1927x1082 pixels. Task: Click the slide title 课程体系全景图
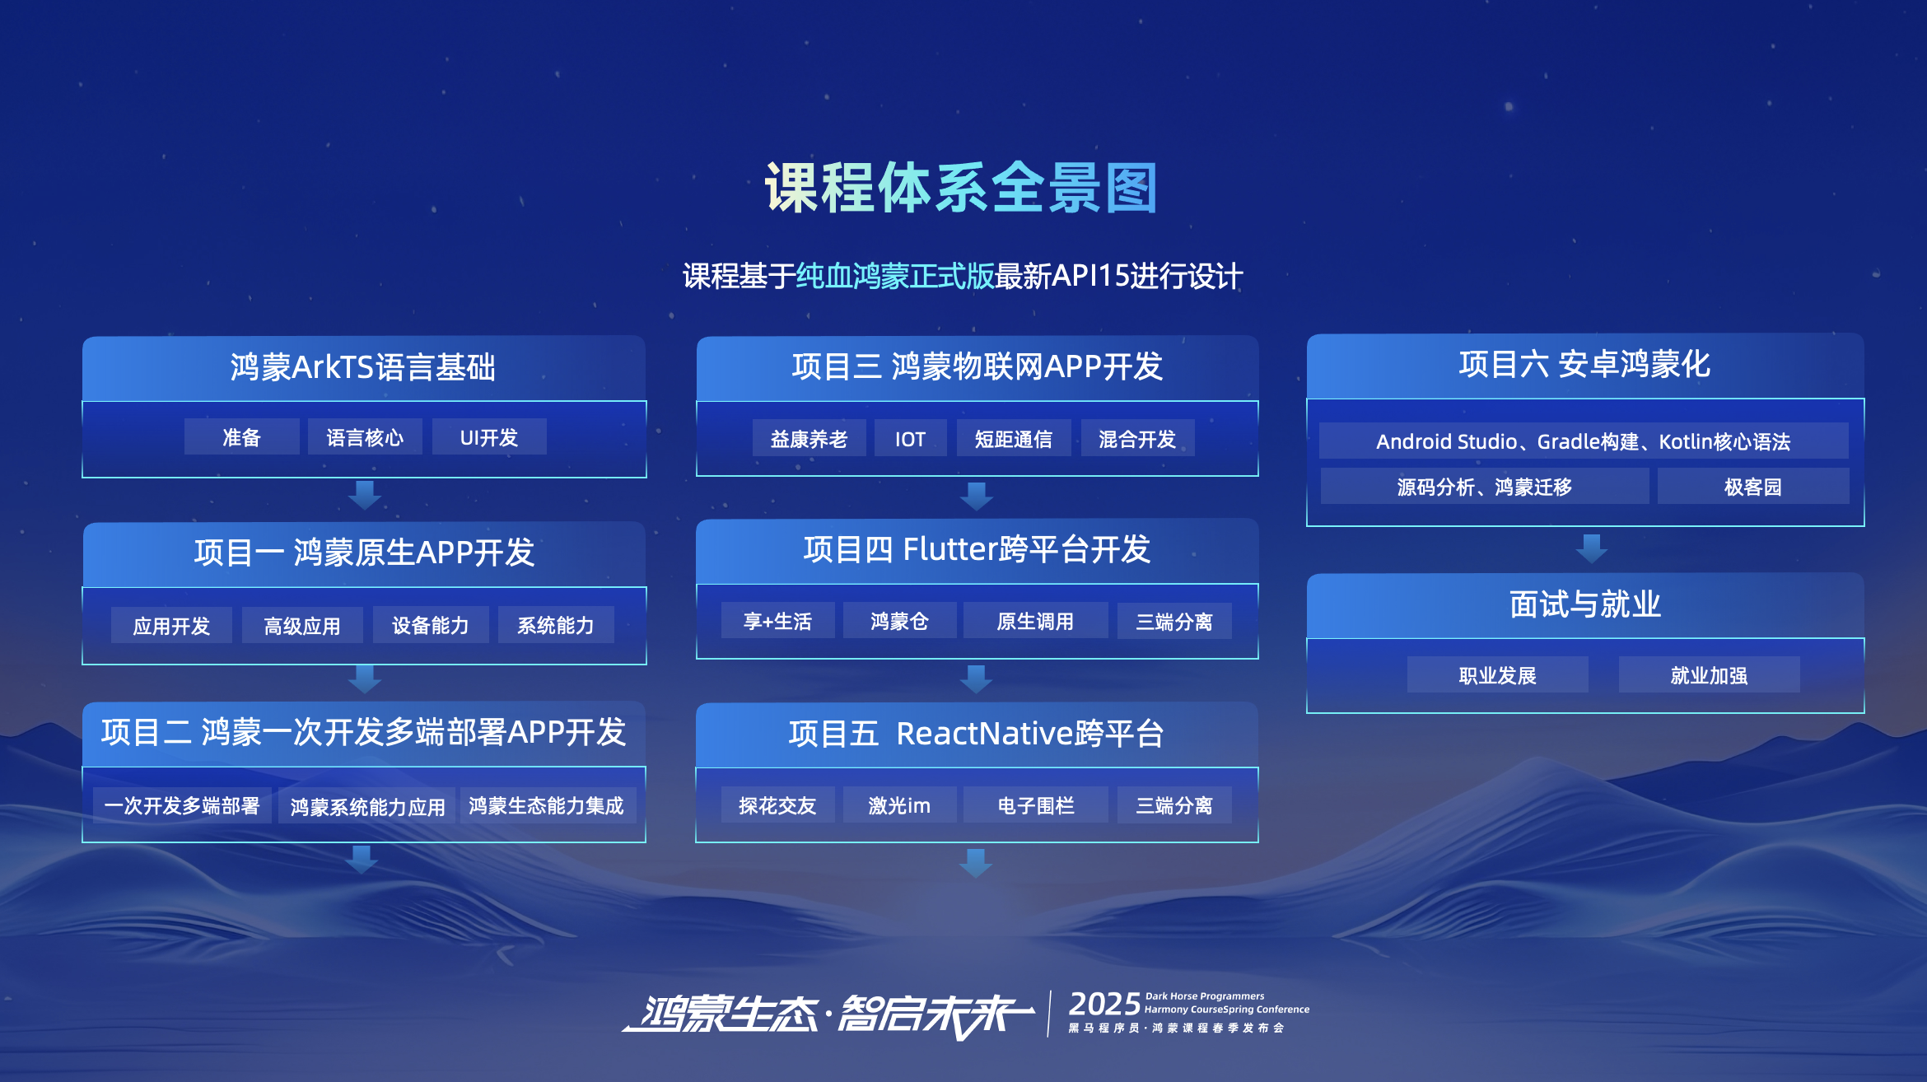[961, 188]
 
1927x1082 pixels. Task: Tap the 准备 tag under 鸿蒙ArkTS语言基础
[241, 436]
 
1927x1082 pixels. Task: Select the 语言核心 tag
[365, 436]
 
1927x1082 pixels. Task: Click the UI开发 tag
[489, 436]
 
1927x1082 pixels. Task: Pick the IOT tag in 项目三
[910, 438]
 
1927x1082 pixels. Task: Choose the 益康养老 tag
[809, 438]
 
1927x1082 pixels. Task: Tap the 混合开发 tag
[1137, 438]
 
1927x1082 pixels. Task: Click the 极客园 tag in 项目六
[1753, 486]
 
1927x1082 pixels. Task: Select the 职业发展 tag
[1497, 674]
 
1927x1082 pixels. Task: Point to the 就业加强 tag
[1709, 674]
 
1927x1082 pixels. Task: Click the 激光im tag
[899, 805]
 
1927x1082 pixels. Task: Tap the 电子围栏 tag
[1036, 805]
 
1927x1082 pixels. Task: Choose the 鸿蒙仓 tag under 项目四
[899, 620]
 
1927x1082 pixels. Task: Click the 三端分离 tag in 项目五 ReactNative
[1174, 805]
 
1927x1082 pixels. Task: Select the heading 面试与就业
[1585, 604]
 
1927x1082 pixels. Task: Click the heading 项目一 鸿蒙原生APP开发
[365, 552]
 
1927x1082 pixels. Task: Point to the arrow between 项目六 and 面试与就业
[1591, 548]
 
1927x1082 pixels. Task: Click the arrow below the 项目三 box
[977, 497]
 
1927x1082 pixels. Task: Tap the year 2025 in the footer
[1104, 1004]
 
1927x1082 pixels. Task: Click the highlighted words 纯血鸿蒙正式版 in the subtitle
[895, 276]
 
